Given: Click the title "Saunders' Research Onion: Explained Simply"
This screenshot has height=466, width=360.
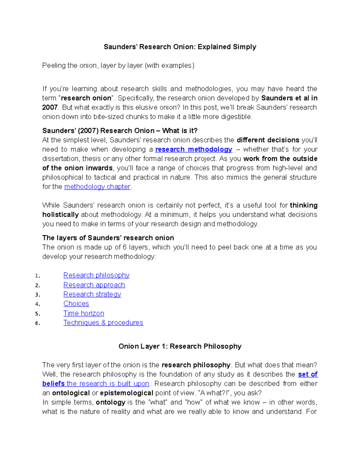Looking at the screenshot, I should (180, 47).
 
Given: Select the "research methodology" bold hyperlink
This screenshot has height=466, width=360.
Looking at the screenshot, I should (193, 149).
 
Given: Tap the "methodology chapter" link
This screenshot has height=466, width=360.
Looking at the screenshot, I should (97, 187).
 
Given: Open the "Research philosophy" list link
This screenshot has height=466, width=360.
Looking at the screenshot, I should (96, 275).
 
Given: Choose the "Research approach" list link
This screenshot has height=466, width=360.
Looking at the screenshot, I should (94, 285).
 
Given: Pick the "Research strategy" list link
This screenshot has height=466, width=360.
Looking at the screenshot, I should (92, 294).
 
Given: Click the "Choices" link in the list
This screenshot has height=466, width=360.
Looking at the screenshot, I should (76, 304).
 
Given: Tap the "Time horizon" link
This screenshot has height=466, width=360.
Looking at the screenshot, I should (84, 313).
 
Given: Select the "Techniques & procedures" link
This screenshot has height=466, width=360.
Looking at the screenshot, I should (103, 323).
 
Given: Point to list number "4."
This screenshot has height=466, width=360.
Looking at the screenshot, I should (37, 304).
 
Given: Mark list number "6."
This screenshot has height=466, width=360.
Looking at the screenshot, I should (37, 323).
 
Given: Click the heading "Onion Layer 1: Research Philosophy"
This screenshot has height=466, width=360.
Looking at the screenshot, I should (180, 346).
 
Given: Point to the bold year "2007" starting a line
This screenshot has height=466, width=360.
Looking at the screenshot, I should (50, 107).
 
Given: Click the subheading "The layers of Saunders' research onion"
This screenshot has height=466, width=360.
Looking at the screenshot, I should (108, 238).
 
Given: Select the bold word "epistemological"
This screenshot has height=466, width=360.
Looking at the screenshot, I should (127, 393).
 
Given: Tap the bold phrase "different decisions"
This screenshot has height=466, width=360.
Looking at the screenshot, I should (268, 140).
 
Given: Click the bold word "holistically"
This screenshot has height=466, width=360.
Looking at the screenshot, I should (61, 215).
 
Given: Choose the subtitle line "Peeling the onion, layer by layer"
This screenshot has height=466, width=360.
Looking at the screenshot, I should (118, 65).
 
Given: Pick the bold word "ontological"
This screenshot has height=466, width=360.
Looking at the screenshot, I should (71, 393).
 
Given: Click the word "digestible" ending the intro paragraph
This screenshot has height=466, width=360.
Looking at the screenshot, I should (236, 117).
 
